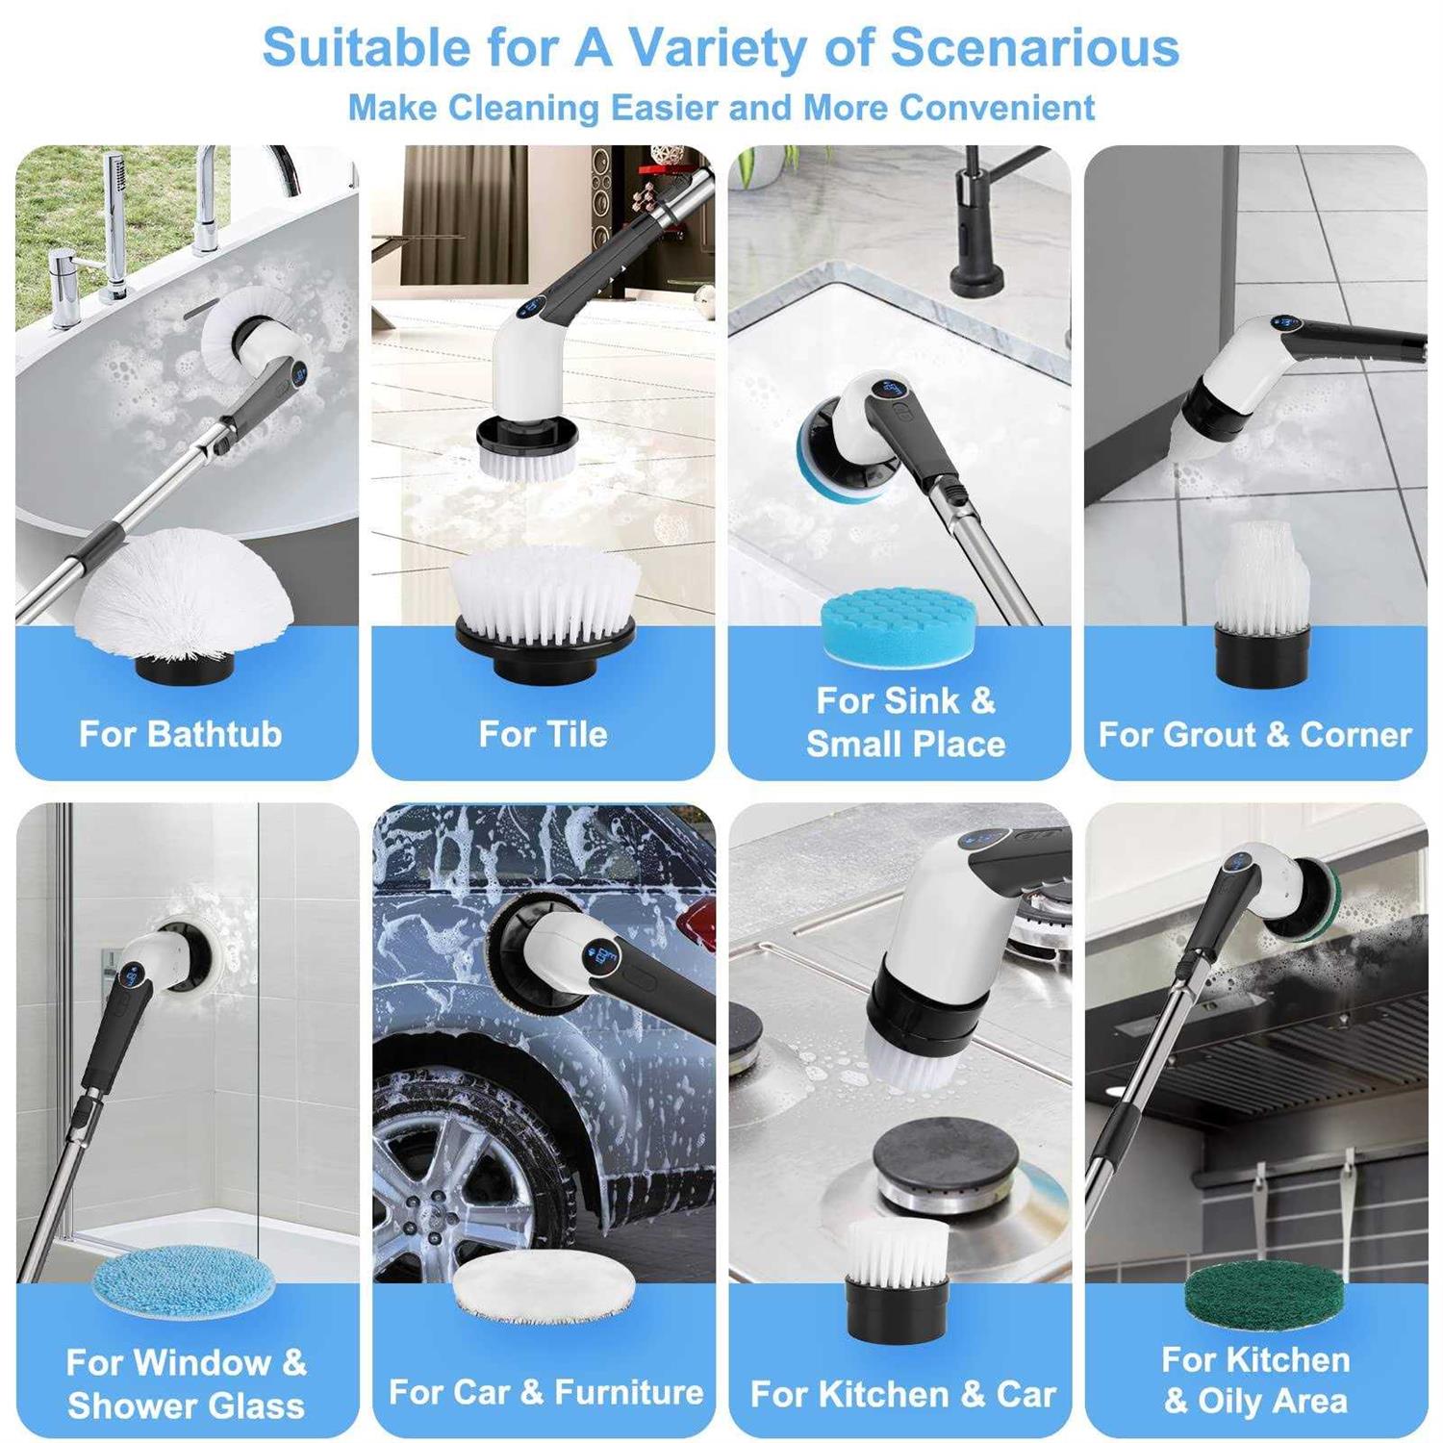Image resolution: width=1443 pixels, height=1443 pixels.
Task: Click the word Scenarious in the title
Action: (1034, 48)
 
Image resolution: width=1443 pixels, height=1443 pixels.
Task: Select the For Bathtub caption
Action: (181, 734)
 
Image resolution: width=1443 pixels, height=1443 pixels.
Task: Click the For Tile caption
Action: (544, 734)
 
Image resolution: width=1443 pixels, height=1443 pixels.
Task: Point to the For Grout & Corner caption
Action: (1255, 734)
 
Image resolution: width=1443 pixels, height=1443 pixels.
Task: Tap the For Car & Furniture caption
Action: (545, 1392)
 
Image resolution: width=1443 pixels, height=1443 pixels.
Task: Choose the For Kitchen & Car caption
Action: (903, 1394)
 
